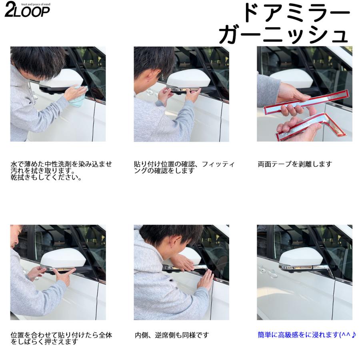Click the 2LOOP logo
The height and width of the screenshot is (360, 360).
click(x=27, y=10)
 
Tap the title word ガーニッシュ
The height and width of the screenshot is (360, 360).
click(x=283, y=35)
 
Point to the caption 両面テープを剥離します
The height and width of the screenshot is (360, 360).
click(x=295, y=164)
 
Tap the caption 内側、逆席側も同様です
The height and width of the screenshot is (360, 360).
click(x=172, y=335)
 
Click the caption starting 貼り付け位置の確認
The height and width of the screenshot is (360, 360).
click(x=184, y=167)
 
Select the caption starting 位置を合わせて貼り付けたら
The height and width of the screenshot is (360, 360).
click(x=61, y=338)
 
